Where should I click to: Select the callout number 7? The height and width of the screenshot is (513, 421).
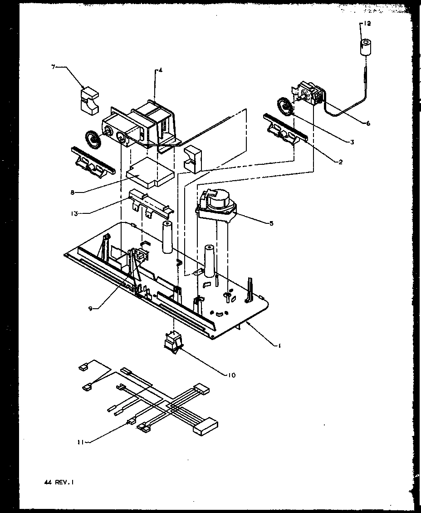point(54,67)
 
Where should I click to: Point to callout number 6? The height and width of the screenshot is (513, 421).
point(367,123)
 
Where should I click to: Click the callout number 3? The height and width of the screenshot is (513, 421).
point(352,142)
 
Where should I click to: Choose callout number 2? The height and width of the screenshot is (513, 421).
point(340,162)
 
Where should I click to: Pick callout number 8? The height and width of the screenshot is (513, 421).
point(72,192)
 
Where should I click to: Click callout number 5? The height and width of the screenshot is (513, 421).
point(271,223)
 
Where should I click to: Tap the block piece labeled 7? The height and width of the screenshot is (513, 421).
point(89,100)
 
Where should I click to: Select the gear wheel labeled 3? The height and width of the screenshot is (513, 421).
point(286,108)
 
